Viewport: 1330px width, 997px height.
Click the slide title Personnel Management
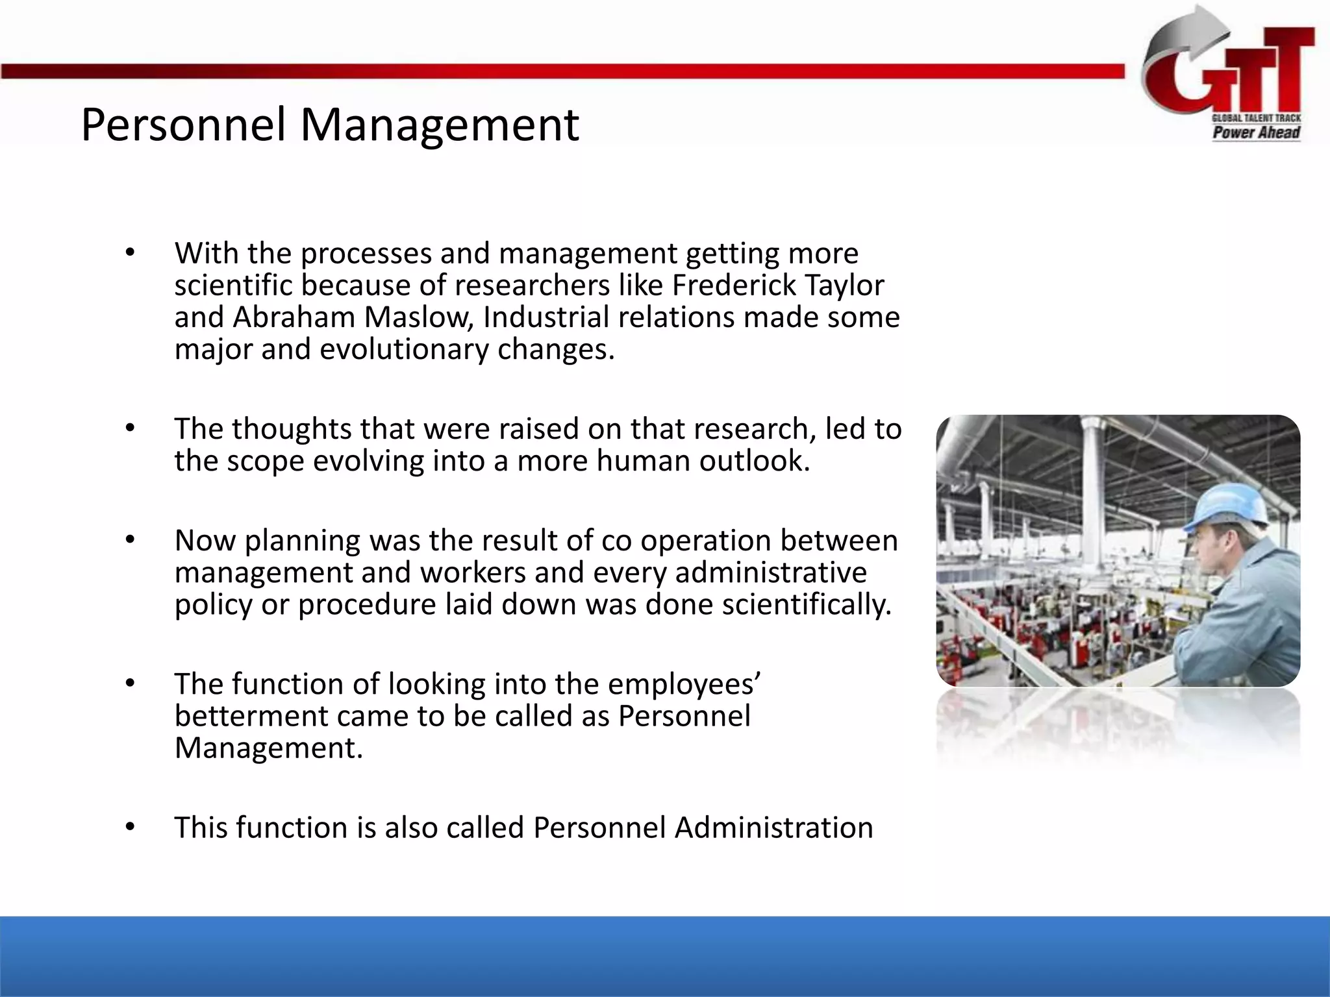tap(329, 125)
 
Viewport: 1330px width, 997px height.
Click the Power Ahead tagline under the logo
tap(1256, 133)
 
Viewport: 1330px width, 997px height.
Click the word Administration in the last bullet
tap(773, 828)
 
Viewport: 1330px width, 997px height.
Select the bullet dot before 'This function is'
tap(130, 827)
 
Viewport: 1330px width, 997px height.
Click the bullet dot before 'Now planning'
tap(130, 540)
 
